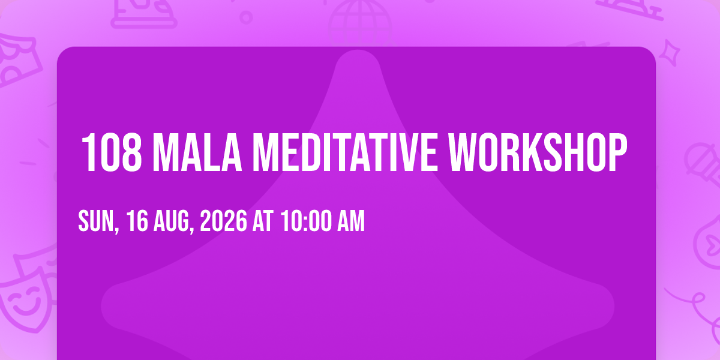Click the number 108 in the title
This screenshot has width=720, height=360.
(x=112, y=152)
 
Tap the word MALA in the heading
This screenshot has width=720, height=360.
(x=197, y=152)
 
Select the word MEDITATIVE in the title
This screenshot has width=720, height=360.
(x=345, y=152)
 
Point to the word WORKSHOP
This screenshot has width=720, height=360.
(x=538, y=152)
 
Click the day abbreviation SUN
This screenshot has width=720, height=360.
(x=98, y=221)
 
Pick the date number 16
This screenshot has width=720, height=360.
(x=137, y=221)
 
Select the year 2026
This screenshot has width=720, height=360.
(x=224, y=221)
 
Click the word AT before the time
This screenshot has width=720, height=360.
(x=263, y=221)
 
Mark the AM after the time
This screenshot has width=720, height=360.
(x=351, y=221)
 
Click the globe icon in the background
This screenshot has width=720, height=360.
(x=360, y=23)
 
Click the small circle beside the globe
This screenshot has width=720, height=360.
(x=246, y=17)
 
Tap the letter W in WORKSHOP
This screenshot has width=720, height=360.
(x=463, y=152)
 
